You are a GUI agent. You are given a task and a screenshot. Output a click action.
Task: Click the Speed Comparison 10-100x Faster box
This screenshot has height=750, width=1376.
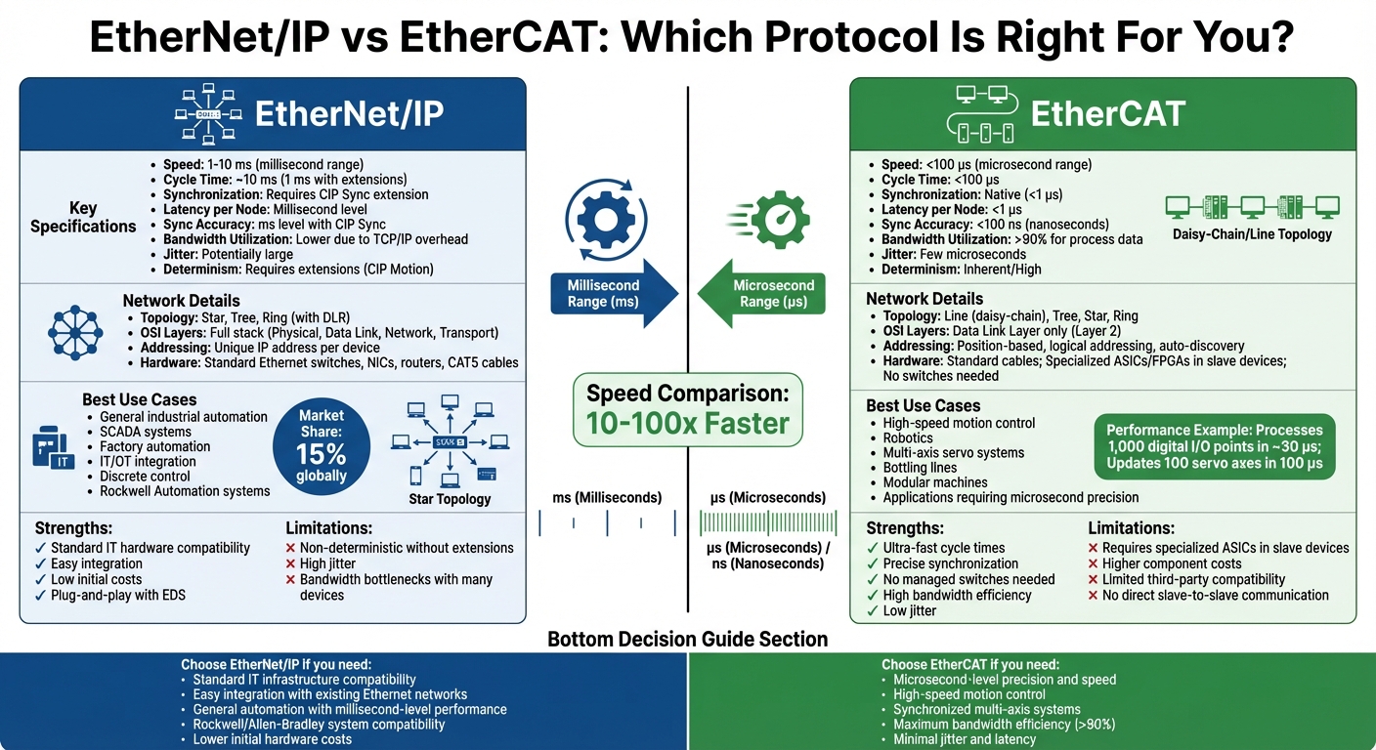pyautogui.click(x=687, y=409)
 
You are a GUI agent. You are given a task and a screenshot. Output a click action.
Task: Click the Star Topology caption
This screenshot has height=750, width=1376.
pyautogui.click(x=449, y=499)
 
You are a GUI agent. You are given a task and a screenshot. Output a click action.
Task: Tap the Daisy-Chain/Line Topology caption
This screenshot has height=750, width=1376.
pyautogui.click(x=1252, y=234)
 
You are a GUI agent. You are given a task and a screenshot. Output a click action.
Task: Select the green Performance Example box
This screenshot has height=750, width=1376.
pyautogui.click(x=1214, y=446)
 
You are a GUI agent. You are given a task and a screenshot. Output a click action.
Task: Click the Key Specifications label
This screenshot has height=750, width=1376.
pyautogui.click(x=83, y=217)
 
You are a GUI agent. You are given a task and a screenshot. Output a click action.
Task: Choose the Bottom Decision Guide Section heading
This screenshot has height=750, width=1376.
pyautogui.click(x=687, y=639)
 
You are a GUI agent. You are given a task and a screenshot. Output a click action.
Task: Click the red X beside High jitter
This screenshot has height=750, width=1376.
pyautogui.click(x=290, y=563)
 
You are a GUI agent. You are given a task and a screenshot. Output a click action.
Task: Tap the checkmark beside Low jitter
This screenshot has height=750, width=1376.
pyautogui.click(x=873, y=610)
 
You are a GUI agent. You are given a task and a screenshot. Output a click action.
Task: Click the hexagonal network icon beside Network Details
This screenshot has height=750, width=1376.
pyautogui.click(x=75, y=332)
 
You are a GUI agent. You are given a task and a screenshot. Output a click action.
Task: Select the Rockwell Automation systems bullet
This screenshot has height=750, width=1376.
pyautogui.click(x=185, y=490)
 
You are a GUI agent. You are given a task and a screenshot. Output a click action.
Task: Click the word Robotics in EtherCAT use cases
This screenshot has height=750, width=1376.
pyautogui.click(x=908, y=437)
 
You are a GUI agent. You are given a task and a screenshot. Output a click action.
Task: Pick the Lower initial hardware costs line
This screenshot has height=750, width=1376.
pyautogui.click(x=273, y=739)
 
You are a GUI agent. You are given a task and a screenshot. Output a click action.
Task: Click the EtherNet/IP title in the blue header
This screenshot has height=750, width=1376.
pyautogui.click(x=349, y=113)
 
